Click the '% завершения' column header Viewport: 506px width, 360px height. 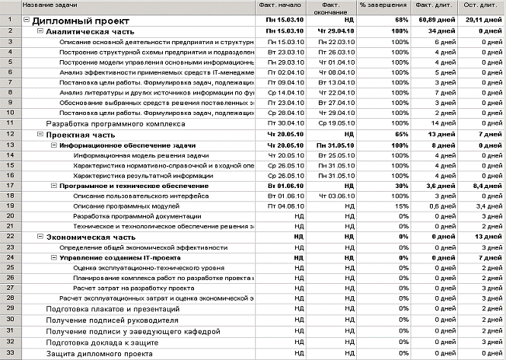[x=383, y=6]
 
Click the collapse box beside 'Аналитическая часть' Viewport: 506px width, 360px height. [x=40, y=32]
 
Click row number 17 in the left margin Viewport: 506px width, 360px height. [x=10, y=185]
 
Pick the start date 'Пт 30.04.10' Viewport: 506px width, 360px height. [x=282, y=123]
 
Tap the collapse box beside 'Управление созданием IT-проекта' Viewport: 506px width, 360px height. [x=54, y=258]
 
